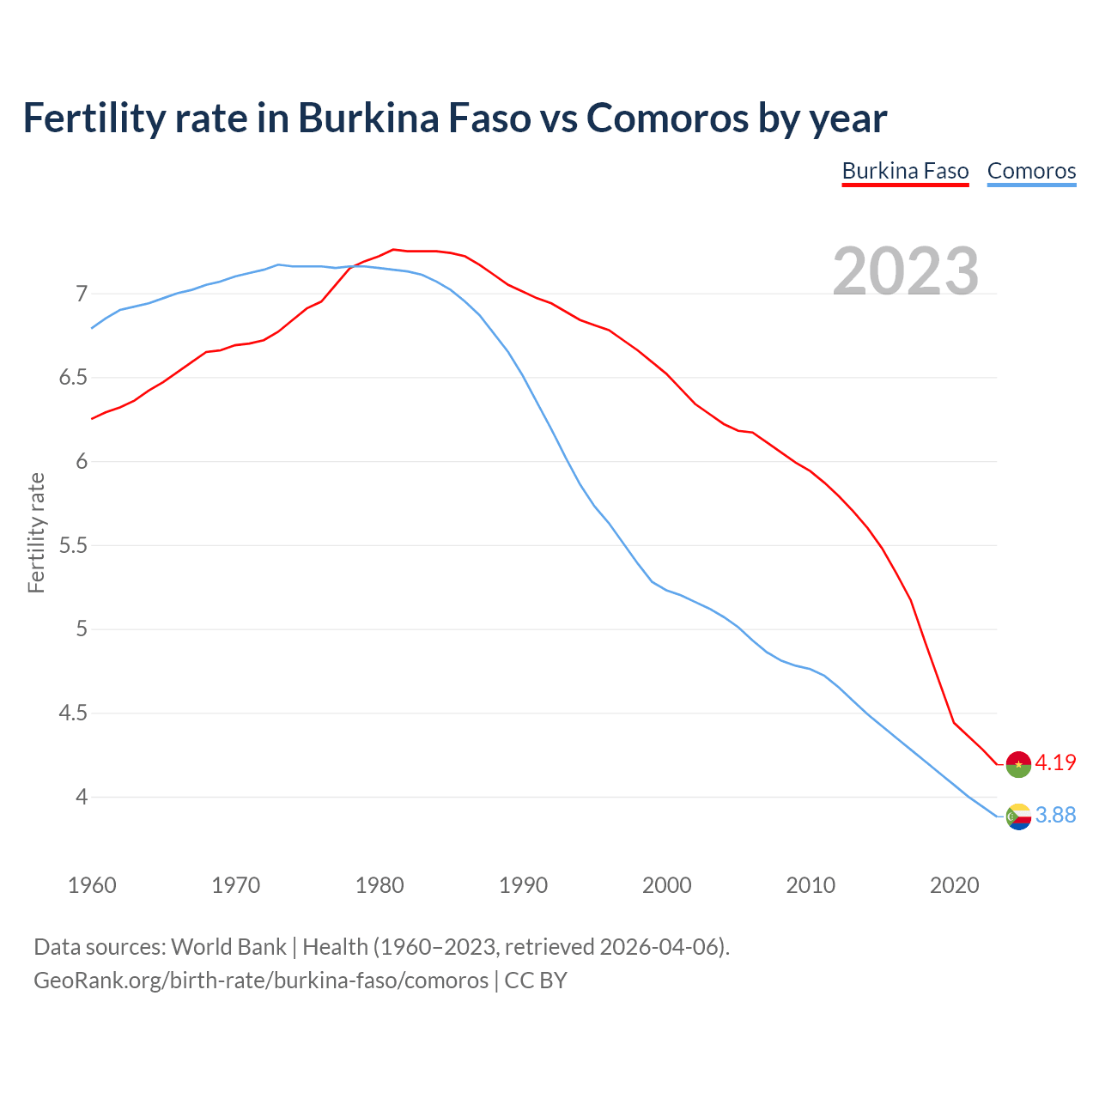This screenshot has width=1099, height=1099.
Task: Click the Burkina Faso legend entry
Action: [x=905, y=171]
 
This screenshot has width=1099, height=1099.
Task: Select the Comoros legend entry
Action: [x=1031, y=171]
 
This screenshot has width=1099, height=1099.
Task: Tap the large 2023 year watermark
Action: [x=906, y=271]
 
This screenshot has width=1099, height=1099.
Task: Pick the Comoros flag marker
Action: [x=1018, y=817]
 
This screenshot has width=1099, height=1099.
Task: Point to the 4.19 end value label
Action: [x=1055, y=762]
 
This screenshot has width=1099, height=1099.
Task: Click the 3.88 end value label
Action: [x=1055, y=815]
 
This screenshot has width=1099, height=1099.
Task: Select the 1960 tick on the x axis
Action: [x=92, y=885]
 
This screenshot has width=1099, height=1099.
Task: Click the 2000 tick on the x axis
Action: [x=667, y=885]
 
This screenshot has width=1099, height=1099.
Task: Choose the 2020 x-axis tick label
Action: [x=954, y=885]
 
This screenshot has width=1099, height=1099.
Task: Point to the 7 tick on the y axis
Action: [x=82, y=294]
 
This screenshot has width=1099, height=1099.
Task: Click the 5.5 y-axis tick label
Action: [x=73, y=546]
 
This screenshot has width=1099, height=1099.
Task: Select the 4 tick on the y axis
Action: [x=82, y=798]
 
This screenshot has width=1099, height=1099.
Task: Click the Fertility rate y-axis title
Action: [x=36, y=532]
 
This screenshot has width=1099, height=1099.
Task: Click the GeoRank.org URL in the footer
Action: [x=261, y=981]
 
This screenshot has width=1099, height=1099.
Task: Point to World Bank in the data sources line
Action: [x=228, y=947]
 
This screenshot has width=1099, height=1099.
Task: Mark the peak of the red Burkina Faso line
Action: [x=393, y=249]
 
